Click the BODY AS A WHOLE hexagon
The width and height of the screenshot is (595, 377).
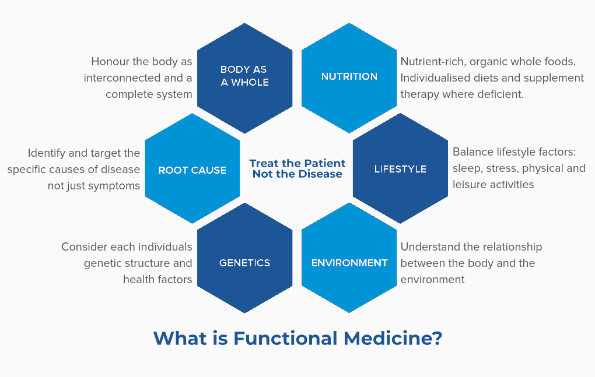245,79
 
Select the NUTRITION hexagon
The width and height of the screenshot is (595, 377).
349,78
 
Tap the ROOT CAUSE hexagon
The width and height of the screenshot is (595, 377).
192,168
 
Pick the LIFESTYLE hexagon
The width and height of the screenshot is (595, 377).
400,168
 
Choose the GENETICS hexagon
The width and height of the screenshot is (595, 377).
245,258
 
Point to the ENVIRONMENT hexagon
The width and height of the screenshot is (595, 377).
349,258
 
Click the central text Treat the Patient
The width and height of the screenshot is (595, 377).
297,163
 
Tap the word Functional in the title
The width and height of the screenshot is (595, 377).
285,338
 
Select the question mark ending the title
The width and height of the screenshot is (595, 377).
437,338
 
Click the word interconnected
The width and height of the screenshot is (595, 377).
122,77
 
